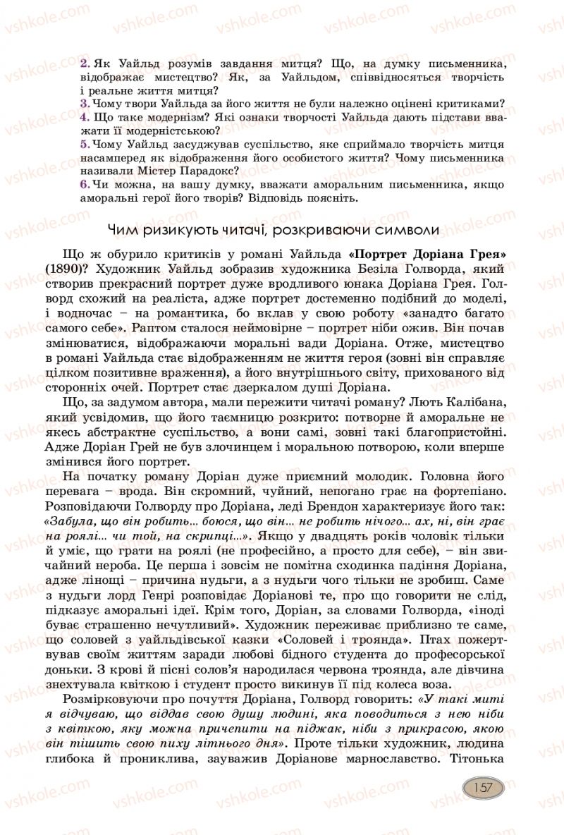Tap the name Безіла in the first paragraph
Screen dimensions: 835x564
[362, 268]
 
